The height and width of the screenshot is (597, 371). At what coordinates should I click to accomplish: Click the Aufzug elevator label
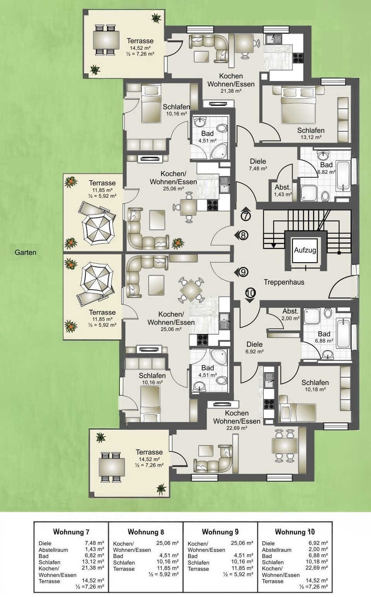(x=305, y=250)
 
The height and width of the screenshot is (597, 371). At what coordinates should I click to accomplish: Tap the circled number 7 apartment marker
(x=246, y=216)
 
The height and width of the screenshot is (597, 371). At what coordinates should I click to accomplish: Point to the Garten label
(x=26, y=253)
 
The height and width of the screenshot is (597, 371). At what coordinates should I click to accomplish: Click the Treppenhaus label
(x=284, y=282)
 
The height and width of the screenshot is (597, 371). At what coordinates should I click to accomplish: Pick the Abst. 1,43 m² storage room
(x=283, y=190)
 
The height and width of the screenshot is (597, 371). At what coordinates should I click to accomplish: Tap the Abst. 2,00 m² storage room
(x=290, y=314)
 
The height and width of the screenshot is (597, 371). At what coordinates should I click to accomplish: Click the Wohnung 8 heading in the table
(x=146, y=532)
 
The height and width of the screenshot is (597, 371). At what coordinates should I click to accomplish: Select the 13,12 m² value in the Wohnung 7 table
(x=93, y=561)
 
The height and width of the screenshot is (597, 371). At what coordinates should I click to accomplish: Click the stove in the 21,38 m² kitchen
(x=298, y=58)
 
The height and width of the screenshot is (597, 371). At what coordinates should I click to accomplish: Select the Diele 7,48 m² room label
(x=258, y=165)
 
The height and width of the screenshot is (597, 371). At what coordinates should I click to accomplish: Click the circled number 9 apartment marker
(x=243, y=272)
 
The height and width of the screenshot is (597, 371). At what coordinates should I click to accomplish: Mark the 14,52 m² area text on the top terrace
(x=140, y=48)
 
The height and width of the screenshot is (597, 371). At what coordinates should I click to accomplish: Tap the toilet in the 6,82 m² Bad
(x=325, y=197)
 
